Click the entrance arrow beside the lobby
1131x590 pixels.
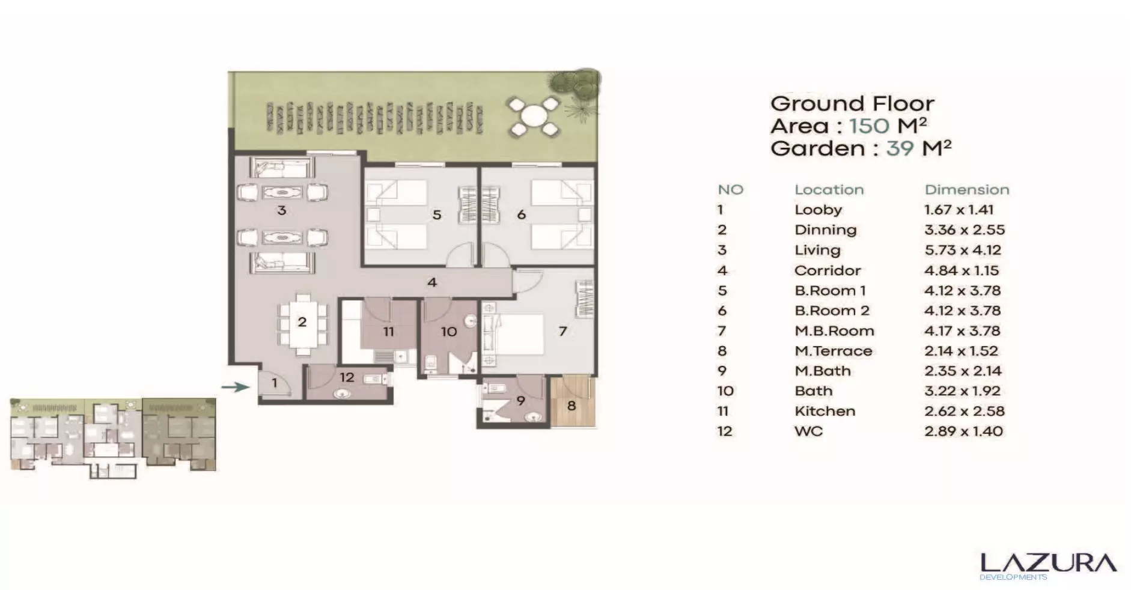(x=236, y=387)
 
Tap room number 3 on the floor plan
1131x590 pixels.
(x=281, y=210)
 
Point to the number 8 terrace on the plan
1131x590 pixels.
(x=572, y=406)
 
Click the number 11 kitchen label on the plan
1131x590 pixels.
(x=389, y=332)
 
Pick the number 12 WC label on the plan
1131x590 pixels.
(x=347, y=377)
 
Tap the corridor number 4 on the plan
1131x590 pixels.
(x=432, y=282)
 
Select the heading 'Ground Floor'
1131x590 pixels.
(x=852, y=103)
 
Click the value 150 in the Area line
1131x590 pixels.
(x=869, y=126)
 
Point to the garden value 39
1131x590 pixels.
(x=899, y=148)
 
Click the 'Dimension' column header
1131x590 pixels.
(x=966, y=190)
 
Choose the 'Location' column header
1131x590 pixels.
(x=829, y=190)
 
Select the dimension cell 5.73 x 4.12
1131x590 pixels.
(x=962, y=250)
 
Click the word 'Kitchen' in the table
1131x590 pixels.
(x=825, y=411)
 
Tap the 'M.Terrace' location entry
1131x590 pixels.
(x=833, y=351)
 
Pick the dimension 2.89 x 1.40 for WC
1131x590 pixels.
(x=963, y=431)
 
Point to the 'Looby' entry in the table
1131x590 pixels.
(x=818, y=210)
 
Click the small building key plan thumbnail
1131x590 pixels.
(x=113, y=436)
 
